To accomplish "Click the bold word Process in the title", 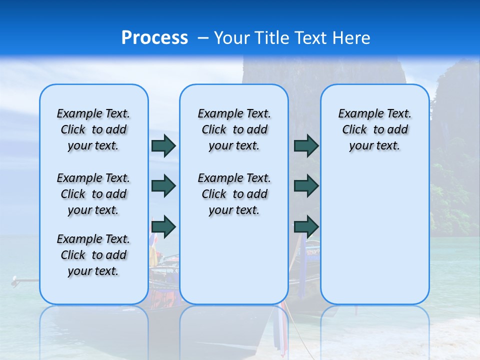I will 154,38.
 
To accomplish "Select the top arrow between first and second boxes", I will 163,145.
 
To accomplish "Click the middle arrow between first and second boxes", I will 163,186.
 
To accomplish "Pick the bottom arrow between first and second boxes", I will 163,226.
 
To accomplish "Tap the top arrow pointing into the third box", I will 306,145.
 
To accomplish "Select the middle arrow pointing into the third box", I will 306,186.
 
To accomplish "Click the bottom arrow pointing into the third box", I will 306,226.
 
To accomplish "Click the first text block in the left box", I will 93,129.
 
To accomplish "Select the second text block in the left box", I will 93,194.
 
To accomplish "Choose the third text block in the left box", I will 93,255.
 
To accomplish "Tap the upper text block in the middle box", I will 234,129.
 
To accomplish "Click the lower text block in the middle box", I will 234,194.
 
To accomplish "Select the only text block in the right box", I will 374,129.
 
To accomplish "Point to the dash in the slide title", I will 203,38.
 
